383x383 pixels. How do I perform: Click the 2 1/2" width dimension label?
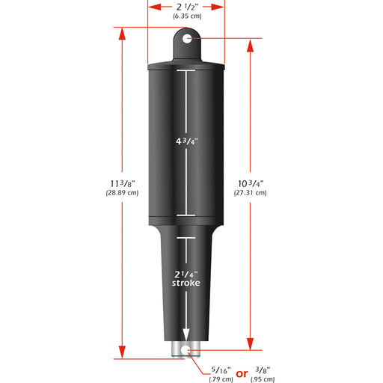click(x=186, y=7)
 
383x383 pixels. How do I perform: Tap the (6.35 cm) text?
click(x=186, y=16)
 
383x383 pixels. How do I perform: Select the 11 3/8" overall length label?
click(x=122, y=183)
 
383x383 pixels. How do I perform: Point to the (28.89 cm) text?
click(x=122, y=193)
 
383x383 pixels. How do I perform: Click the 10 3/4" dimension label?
click(x=249, y=183)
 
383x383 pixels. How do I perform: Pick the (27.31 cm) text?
click(x=249, y=193)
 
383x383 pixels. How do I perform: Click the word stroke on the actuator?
click(x=186, y=284)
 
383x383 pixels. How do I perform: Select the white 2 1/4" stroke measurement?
click(x=186, y=273)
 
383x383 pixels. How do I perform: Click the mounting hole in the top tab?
click(x=186, y=38)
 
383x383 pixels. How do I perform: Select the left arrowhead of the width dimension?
click(x=152, y=7)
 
